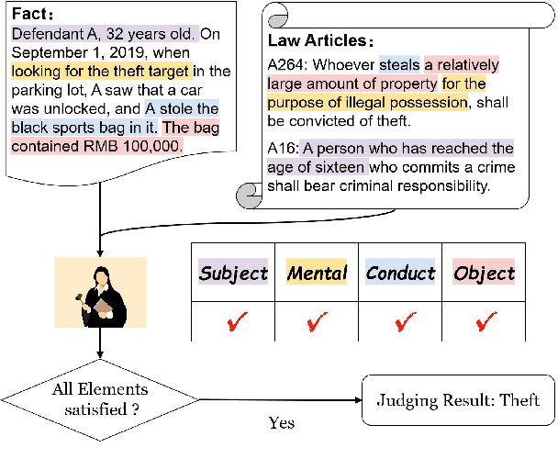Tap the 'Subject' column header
233,273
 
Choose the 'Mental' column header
317,273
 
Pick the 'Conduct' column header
400,273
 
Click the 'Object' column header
484,273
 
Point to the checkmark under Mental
318,322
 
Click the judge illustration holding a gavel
99,292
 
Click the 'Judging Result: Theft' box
459,400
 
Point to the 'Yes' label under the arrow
281,424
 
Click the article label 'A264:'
287,66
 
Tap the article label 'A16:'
284,149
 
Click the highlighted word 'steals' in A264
398,66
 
